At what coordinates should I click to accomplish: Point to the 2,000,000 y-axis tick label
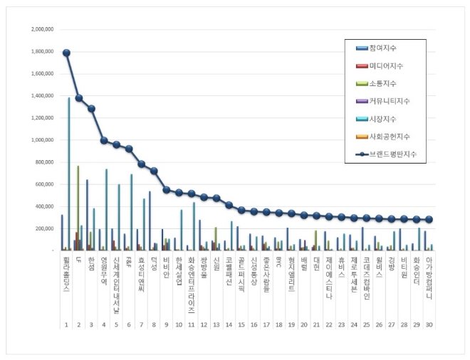click(x=41, y=30)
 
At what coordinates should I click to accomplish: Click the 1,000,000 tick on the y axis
click(x=41, y=140)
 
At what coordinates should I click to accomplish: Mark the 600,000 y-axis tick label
click(x=43, y=184)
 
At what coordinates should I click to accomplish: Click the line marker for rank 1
click(x=66, y=53)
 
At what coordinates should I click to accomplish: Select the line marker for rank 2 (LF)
click(x=79, y=98)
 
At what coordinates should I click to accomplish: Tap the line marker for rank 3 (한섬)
click(x=91, y=109)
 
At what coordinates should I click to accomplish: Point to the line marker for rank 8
click(x=154, y=171)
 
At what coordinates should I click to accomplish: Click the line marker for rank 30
click(x=429, y=220)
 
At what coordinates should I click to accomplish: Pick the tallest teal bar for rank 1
click(x=69, y=174)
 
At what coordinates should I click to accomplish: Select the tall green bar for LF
click(x=78, y=206)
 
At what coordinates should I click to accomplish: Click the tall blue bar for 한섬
click(x=88, y=214)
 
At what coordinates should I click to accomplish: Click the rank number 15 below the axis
click(x=241, y=324)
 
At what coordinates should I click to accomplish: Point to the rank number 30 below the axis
click(x=429, y=324)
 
